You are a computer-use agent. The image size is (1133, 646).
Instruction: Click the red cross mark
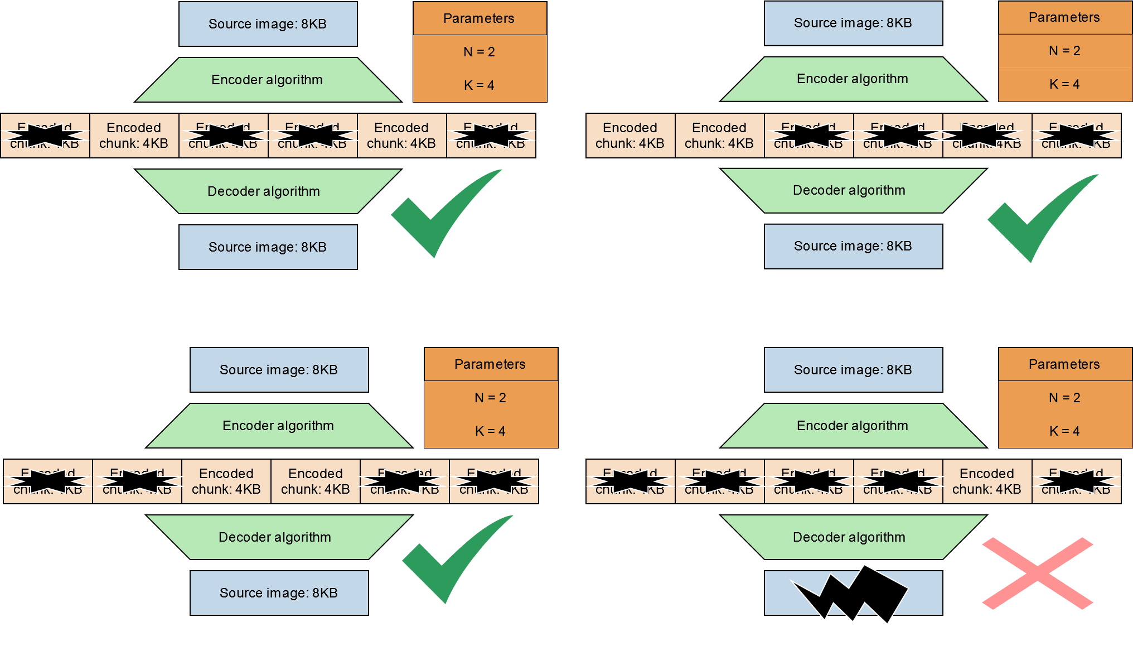pos(1037,573)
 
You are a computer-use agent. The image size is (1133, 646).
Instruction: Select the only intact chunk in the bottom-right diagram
pos(987,481)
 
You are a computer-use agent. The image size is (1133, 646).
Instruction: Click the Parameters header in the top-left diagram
pos(480,18)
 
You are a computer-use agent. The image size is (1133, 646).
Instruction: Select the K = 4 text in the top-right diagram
pos(1064,84)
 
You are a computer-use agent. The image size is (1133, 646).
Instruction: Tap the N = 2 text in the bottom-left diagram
pos(491,398)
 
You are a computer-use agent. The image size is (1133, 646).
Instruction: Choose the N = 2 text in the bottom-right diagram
pos(1064,398)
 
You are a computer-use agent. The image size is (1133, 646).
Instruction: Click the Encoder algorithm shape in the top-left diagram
pos(268,80)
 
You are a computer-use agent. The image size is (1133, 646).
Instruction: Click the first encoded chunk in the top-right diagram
pos(630,136)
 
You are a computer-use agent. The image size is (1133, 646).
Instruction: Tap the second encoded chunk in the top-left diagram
pos(134,136)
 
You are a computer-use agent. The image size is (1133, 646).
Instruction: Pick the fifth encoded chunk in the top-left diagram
pos(401,136)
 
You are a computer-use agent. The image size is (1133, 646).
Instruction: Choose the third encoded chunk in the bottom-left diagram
pos(226,481)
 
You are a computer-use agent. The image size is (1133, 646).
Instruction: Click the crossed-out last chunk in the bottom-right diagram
pos(1076,481)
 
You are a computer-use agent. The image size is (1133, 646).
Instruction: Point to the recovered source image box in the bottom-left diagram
pos(279,593)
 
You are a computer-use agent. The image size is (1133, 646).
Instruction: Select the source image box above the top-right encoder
pos(853,23)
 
